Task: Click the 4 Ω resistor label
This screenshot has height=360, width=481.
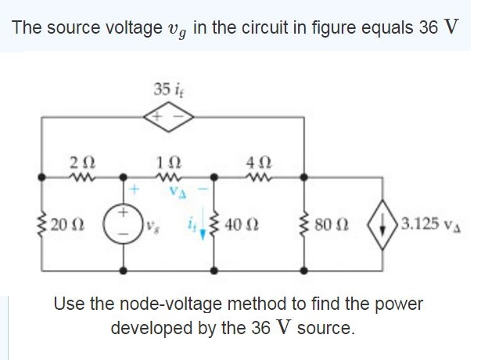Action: click(256, 161)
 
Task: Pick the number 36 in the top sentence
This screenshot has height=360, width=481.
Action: click(427, 27)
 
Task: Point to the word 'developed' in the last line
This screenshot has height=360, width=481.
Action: click(149, 327)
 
